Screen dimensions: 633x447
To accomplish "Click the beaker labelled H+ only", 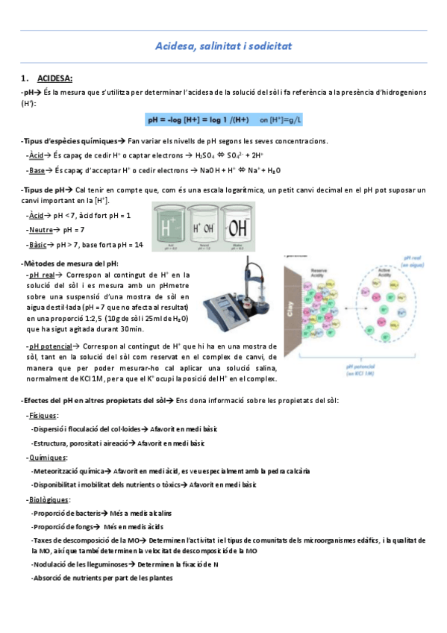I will (x=170, y=227).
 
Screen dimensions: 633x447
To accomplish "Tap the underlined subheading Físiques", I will (x=42, y=415).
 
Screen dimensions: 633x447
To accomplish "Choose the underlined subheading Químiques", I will (x=46, y=457).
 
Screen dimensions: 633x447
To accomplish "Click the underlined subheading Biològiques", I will (x=49, y=499).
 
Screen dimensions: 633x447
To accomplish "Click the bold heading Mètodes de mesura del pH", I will (x=69, y=263).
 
